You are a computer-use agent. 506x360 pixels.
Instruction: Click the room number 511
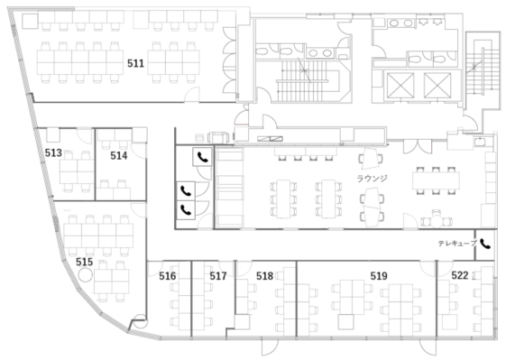click(x=135, y=63)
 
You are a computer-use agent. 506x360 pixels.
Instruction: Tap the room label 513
click(x=53, y=152)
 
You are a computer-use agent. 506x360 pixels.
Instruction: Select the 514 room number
click(x=119, y=155)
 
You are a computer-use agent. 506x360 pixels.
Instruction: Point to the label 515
click(x=84, y=262)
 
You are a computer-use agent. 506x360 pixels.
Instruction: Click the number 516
click(x=168, y=276)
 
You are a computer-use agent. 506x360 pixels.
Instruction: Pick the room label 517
click(x=218, y=276)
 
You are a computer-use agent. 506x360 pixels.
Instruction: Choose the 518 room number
click(x=264, y=276)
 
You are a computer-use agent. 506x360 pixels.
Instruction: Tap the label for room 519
click(x=379, y=276)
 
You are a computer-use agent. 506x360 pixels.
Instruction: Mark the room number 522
click(x=460, y=275)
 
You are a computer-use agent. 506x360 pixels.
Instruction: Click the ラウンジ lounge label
click(x=373, y=179)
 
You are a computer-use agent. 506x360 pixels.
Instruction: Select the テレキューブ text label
click(x=457, y=244)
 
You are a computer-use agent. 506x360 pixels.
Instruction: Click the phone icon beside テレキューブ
click(x=485, y=245)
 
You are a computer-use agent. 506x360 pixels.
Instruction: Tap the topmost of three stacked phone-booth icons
click(x=203, y=157)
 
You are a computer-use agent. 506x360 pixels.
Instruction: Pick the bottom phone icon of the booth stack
click(x=186, y=210)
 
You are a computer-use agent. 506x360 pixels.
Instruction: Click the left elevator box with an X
click(x=400, y=85)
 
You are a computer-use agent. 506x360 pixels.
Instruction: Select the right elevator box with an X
click(x=437, y=85)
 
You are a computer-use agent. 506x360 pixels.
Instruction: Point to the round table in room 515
click(x=86, y=275)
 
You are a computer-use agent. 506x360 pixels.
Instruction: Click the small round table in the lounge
click(x=437, y=221)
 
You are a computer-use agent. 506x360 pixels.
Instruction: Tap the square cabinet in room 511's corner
click(x=30, y=22)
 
